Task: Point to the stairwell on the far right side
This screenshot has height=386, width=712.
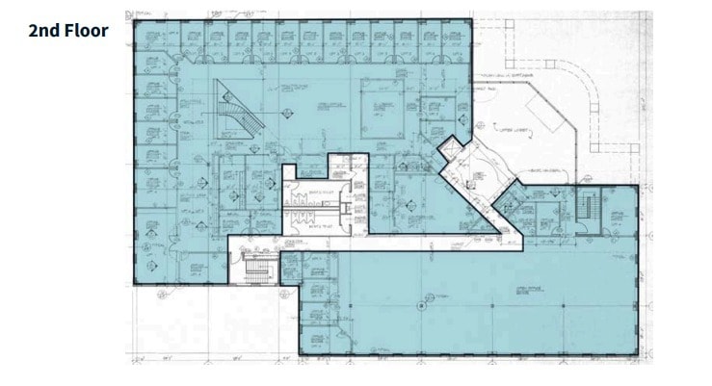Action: point(587,212)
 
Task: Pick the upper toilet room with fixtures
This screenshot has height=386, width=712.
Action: point(305,179)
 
